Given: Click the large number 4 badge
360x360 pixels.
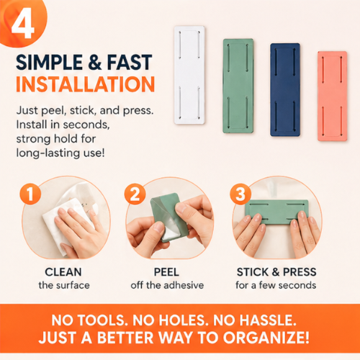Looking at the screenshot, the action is coord(23,23).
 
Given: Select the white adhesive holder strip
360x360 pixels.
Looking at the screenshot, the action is coord(189,75).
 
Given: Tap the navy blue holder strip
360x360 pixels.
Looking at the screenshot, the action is coord(285,90).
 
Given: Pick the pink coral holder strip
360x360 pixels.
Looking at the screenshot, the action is coord(333,96).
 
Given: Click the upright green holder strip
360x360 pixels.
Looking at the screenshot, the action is coord(238,86).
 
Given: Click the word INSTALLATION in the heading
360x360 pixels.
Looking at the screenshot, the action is coord(85,84).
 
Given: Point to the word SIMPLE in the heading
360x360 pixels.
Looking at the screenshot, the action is coord(49,62).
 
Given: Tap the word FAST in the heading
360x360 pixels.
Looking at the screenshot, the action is coord(130,62).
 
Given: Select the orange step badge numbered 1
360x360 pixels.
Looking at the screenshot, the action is coord(30,194).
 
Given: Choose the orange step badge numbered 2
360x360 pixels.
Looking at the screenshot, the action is coord(135,194).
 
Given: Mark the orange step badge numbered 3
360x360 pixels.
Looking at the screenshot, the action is coord(240,194).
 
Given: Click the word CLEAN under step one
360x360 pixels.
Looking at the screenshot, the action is coord(63,272).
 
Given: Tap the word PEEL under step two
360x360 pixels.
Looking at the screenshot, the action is coord(166,272).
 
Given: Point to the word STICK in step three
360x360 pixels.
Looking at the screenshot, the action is coord(253,272).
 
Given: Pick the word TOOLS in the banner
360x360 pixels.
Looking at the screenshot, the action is coord(102,320).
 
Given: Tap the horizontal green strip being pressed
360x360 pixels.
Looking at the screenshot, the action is coord(276,212).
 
